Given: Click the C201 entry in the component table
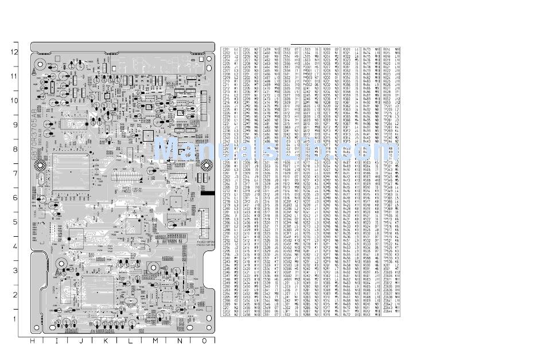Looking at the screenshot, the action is (226, 50).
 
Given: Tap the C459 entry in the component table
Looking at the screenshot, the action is (267, 50).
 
